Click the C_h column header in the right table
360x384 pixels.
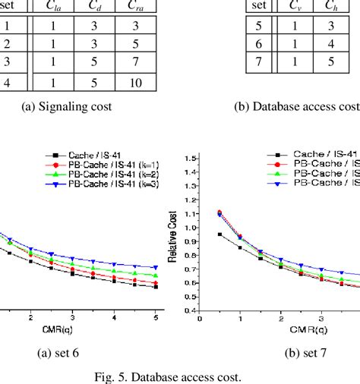pos(331,7)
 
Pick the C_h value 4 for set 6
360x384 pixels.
pos(332,43)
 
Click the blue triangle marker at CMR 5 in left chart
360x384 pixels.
pos(156,267)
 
